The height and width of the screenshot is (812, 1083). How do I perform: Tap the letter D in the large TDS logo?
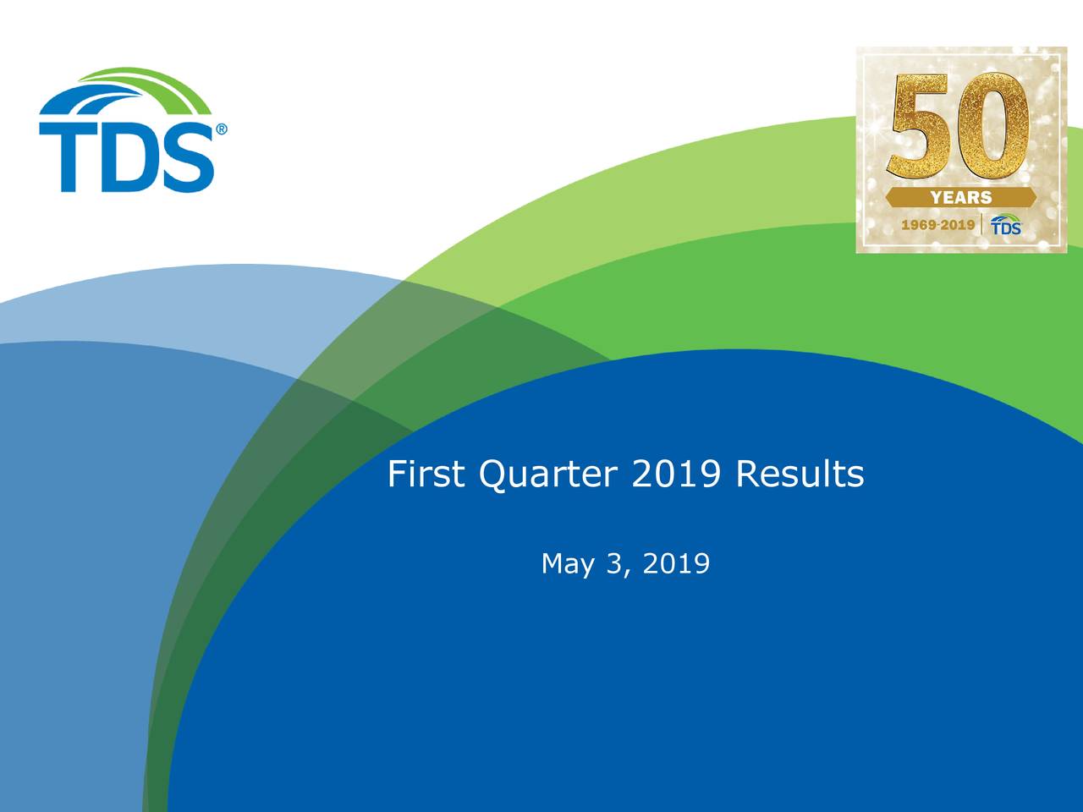[125, 157]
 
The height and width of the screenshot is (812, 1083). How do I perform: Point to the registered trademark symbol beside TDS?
[222, 130]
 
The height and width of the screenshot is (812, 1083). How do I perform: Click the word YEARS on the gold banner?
[961, 198]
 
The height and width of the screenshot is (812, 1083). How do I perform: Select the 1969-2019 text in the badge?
[937, 226]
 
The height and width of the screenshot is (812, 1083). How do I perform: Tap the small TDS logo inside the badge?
[1006, 225]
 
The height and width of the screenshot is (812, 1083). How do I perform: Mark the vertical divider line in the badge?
[982, 225]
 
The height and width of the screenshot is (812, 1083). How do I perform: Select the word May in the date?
[568, 563]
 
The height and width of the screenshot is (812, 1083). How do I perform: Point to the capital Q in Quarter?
[492, 475]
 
